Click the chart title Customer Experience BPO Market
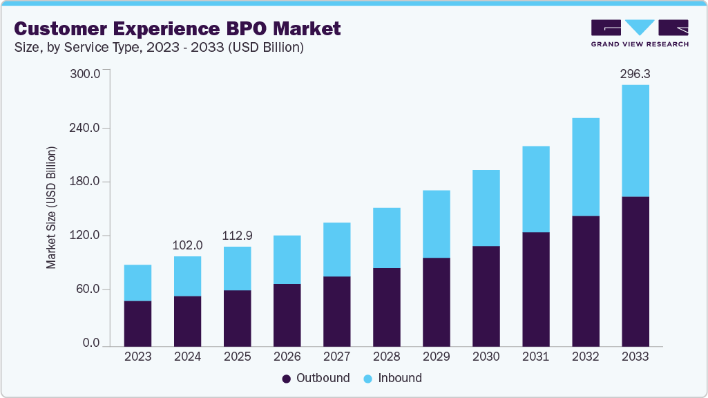coord(178,28)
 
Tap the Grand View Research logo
coord(640,33)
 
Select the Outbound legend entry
coord(316,378)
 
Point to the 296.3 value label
coord(635,73)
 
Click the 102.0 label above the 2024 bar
coord(187,245)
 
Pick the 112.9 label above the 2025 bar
coord(237,236)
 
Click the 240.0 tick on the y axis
coord(86,128)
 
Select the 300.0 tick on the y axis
coord(86,74)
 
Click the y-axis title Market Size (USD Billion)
coord(52,207)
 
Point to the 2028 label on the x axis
coord(386,357)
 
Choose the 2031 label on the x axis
coord(535,357)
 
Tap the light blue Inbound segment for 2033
coord(635,140)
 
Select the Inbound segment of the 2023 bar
coord(137,283)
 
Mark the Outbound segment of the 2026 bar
coord(287,314)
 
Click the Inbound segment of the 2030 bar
coord(486,207)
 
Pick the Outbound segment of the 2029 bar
coord(436,301)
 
